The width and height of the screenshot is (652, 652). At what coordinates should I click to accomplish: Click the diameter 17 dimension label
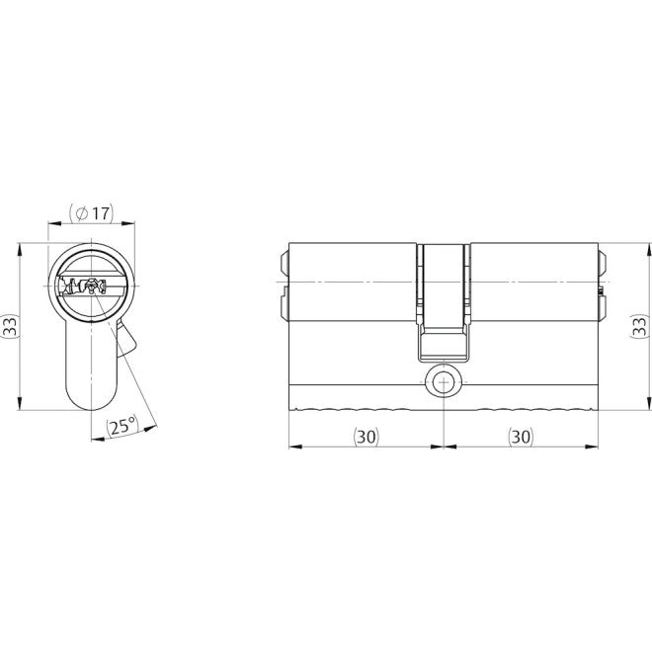click(x=91, y=213)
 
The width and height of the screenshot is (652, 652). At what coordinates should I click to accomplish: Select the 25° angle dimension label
click(x=122, y=427)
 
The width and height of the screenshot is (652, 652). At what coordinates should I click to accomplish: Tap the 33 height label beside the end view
click(x=10, y=326)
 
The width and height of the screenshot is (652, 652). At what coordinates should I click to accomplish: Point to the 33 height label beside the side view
click(x=639, y=326)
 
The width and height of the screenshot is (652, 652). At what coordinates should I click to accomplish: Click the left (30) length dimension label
click(x=367, y=437)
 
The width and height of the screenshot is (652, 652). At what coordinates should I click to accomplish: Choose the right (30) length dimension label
click(x=521, y=437)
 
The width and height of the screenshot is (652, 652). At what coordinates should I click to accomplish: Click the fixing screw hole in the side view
click(x=444, y=381)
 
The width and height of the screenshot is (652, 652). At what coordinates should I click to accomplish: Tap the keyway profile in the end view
click(x=82, y=286)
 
